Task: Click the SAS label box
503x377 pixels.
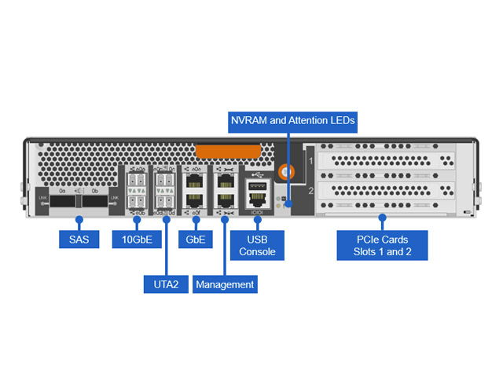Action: (79, 239)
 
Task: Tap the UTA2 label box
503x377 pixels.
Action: (167, 284)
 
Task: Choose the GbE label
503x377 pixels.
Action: (196, 239)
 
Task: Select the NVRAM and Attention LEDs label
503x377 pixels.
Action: (292, 121)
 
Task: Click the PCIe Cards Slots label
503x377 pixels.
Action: (382, 244)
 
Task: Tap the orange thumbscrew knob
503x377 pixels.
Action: (286, 169)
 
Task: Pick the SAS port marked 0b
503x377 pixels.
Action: (94, 202)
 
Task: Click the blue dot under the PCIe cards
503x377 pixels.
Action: (382, 216)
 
